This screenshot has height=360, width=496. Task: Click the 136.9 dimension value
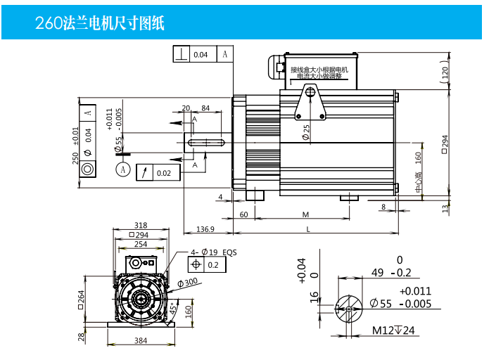[205, 229]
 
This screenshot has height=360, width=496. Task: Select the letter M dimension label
[306, 214]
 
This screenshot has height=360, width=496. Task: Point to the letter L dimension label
[308, 229]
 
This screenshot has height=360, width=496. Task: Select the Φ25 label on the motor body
[306, 131]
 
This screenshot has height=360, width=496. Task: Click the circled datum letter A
[124, 169]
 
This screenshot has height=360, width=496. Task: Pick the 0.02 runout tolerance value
[163, 173]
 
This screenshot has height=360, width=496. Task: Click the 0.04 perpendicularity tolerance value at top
[201, 54]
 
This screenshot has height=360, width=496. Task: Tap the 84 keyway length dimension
[205, 108]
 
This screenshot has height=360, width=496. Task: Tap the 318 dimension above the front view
[139, 226]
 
